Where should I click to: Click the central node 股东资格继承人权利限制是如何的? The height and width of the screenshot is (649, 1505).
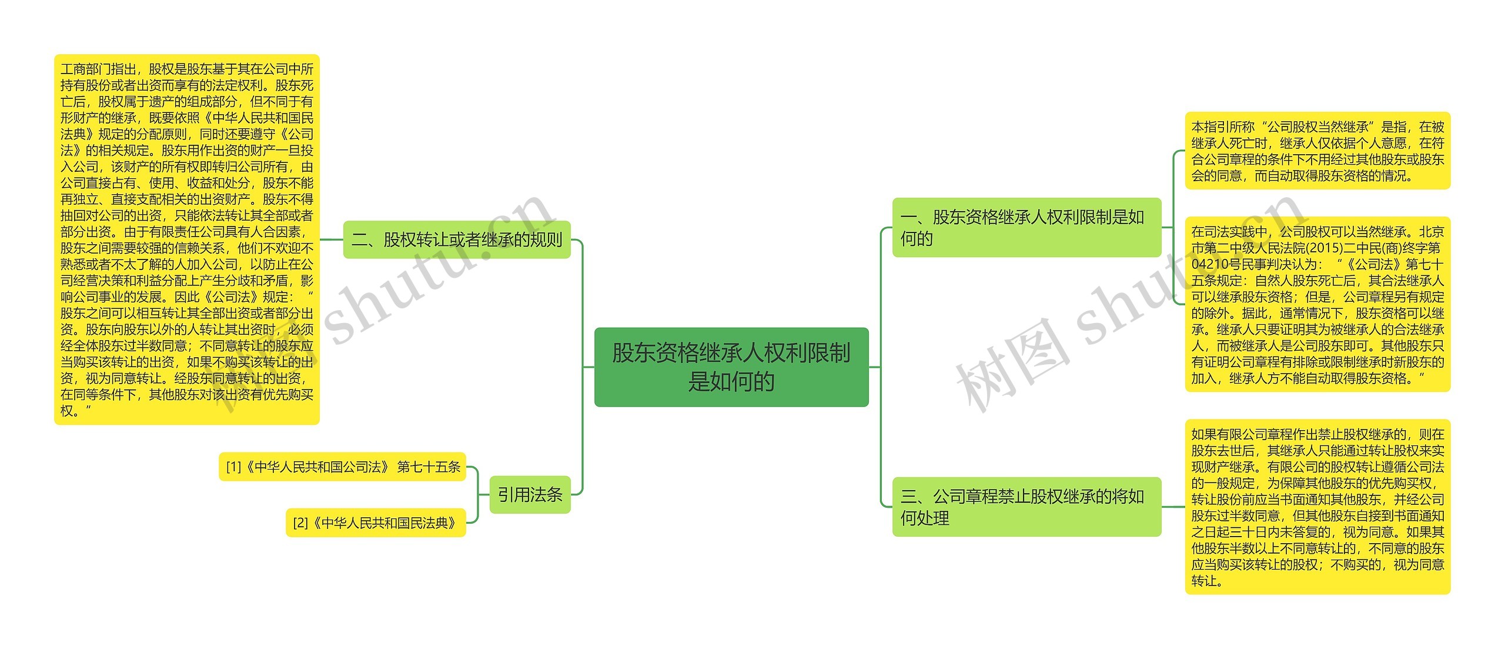(x=731, y=367)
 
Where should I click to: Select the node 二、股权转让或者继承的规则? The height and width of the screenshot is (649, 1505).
(x=457, y=239)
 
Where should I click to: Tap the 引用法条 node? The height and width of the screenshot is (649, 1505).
(x=530, y=494)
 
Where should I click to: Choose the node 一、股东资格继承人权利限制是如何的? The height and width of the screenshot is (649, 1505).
(x=1026, y=227)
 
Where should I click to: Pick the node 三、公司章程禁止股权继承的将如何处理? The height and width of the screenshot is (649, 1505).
(x=1026, y=507)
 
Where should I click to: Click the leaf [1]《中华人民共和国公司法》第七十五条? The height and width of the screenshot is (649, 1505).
(x=342, y=467)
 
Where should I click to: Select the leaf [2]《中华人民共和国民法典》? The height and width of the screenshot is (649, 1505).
(x=375, y=522)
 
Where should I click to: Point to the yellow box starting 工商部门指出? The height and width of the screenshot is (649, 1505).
(x=186, y=239)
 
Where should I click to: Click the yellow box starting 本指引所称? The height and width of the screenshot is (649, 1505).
(x=1317, y=151)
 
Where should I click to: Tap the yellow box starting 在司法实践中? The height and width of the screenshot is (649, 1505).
(x=1317, y=304)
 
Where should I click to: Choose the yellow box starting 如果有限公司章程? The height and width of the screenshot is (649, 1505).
(x=1317, y=507)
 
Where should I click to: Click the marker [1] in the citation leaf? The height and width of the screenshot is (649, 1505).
(x=233, y=467)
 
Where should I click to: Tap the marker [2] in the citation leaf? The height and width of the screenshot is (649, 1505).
(x=300, y=522)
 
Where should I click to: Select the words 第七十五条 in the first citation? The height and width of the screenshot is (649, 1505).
(x=429, y=467)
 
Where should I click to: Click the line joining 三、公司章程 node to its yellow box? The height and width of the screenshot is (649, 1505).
(x=1173, y=507)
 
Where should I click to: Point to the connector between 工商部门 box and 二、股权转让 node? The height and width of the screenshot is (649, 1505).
(x=331, y=239)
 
